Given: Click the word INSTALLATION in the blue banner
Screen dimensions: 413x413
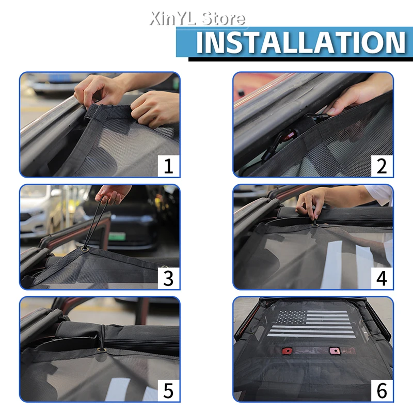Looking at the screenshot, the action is [301, 43].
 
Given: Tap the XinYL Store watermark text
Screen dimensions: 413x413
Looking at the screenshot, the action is [198, 19].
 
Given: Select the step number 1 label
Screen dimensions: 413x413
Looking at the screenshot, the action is [168, 166].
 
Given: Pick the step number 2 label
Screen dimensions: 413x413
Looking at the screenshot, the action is [382, 166].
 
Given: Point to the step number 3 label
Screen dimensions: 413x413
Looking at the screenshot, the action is [168, 278].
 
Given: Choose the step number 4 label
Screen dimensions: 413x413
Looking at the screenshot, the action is [382, 278].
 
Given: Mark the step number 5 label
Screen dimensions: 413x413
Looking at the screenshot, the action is [168, 391].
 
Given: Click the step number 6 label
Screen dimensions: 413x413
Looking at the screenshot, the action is [382, 391].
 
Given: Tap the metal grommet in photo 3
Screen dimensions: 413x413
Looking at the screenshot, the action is [85, 249].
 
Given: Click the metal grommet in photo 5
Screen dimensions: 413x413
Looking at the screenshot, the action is [101, 350].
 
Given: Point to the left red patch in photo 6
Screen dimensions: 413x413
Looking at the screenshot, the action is [287, 351].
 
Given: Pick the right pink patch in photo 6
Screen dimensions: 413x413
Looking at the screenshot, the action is [335, 351].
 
